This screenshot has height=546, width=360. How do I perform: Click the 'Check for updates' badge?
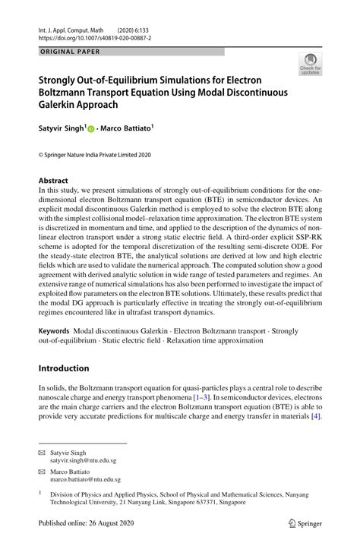point(310,65)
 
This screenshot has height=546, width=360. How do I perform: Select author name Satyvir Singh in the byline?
point(62,128)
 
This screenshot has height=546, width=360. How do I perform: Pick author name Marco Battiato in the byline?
point(129,128)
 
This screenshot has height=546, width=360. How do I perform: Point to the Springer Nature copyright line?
point(95,154)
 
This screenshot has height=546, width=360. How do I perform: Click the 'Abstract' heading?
point(58,181)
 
